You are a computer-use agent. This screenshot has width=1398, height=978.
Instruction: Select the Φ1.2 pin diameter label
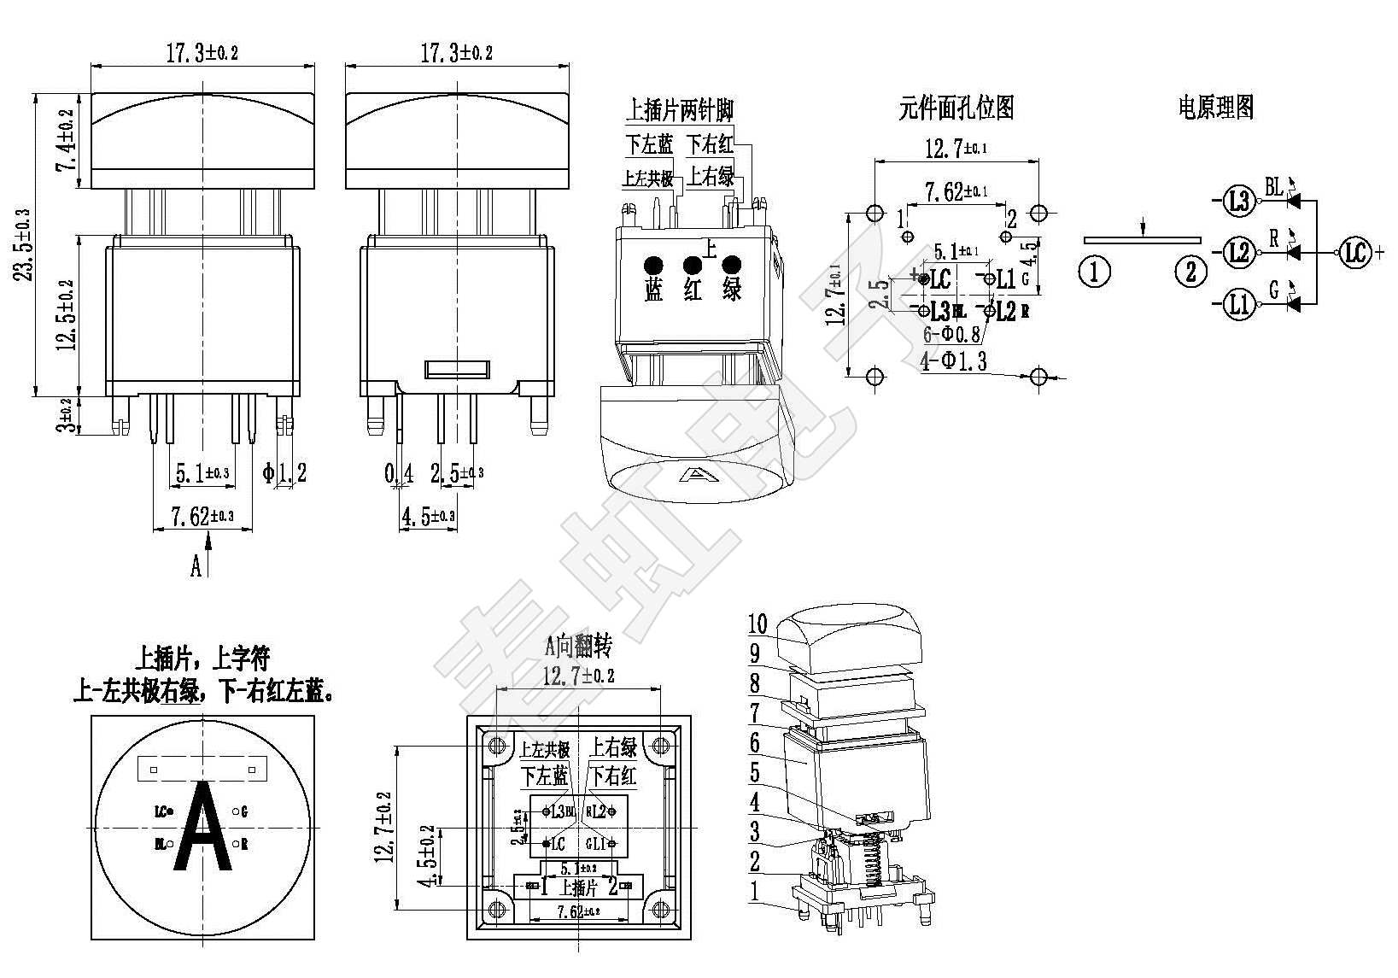click(284, 472)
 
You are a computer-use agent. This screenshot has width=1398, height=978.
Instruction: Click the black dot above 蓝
click(653, 264)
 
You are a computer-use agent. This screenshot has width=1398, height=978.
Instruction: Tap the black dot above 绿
click(731, 264)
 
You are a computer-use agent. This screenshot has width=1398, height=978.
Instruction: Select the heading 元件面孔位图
click(956, 108)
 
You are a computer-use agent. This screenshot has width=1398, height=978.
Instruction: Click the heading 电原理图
click(1215, 108)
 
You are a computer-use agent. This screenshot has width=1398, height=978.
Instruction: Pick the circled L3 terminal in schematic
click(1238, 202)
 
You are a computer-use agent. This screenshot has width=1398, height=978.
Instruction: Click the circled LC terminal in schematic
click(1354, 253)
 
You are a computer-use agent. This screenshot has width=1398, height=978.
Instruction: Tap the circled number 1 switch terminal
click(1095, 272)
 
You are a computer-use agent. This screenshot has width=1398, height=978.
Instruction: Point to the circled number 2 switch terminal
click(1190, 272)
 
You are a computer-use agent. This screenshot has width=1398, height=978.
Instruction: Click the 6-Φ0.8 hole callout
click(951, 335)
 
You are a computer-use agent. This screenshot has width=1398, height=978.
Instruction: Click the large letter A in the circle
click(202, 828)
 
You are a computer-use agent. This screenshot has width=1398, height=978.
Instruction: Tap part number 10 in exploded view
click(757, 624)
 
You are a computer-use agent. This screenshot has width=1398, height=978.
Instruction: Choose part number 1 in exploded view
click(754, 891)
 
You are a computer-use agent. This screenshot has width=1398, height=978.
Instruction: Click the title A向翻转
click(578, 647)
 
